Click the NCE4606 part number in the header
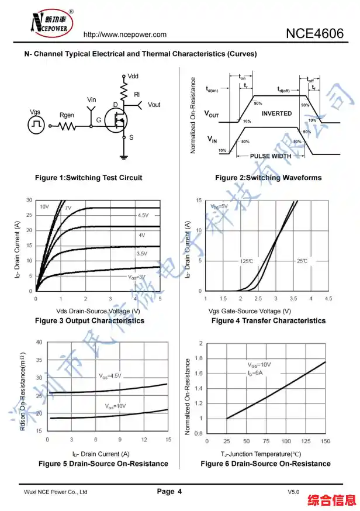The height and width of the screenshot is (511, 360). pos(314,33)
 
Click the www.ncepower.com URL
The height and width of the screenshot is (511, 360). pos(125,35)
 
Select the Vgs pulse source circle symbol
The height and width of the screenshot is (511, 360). pos(36,124)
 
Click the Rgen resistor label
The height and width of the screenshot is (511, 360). pos(67,115)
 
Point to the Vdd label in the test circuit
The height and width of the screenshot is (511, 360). pos(133,77)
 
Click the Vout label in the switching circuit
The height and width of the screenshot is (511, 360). pos(154,105)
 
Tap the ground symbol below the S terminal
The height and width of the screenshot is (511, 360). pos(124,156)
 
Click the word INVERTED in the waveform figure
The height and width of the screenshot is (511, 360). pos(276,113)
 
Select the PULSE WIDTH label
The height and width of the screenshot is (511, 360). pos(270,156)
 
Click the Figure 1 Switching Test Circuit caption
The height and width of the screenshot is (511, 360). pos(88,178)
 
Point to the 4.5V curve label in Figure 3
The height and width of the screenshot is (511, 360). pos(143,216)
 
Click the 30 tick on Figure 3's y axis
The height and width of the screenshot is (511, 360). pos(30,200)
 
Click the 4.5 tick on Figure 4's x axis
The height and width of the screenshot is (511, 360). pos(328,299)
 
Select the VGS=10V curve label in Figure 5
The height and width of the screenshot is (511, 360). pos(116,406)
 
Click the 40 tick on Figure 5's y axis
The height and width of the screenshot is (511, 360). pos(39,342)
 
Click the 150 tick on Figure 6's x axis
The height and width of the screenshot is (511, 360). pos(326,441)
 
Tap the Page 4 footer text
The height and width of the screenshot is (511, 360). pos(169,492)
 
